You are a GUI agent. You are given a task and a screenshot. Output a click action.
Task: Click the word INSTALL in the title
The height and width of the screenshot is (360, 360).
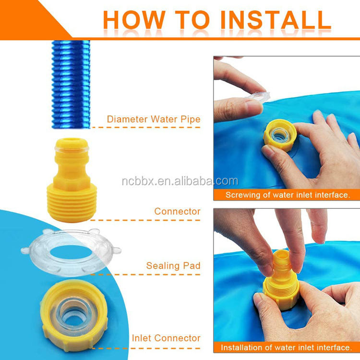pos(276,20)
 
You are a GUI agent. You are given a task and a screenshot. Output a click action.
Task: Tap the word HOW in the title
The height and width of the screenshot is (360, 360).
pos(134,20)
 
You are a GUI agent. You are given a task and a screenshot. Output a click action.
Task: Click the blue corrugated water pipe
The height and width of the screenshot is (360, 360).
pos(71,84)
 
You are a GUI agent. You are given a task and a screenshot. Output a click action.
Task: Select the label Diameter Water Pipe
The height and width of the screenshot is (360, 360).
pos(154,119)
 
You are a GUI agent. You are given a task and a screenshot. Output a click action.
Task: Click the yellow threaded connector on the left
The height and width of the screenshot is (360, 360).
pos(72,180)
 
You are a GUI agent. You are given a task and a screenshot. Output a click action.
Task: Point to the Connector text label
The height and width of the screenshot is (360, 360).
pos(177,211)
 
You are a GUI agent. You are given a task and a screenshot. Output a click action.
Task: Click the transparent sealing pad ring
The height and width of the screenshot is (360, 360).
pos(71,252)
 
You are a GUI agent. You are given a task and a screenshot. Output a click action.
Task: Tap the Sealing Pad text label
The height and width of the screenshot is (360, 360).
pos(173,265)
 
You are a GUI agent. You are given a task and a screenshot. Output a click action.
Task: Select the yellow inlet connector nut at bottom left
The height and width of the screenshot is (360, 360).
pos(74,316)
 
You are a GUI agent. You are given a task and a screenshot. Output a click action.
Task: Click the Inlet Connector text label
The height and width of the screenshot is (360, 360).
pos(166,338)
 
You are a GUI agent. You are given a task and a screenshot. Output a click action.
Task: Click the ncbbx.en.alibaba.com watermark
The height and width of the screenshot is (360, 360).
pos(180,181)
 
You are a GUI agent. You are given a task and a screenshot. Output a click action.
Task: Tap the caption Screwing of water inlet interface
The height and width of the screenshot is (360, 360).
pos(288,195)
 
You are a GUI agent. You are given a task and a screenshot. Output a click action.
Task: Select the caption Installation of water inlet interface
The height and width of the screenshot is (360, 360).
pos(286,348)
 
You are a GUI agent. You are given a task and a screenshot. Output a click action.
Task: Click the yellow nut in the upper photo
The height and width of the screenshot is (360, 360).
pos(280,135)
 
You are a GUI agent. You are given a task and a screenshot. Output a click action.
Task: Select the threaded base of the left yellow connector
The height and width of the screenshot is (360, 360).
pos(72,203)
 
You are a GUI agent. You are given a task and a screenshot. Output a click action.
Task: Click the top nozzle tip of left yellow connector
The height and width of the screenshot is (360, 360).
pos(72,144)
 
